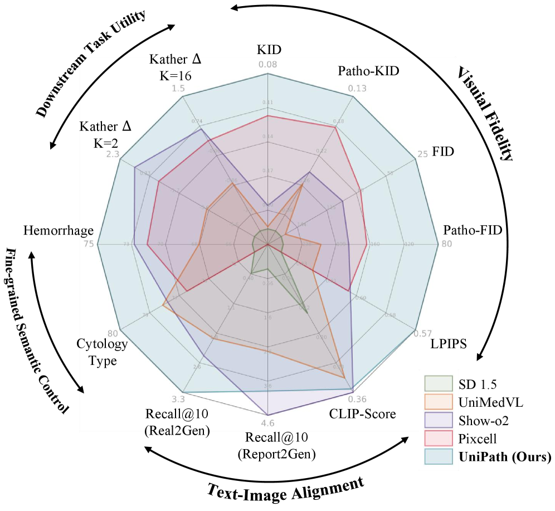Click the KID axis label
coord(268,50)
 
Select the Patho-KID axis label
coord(365,71)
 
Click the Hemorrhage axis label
coord(58,231)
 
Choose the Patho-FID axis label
coord(473,230)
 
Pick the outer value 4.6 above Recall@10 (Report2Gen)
coord(268,422)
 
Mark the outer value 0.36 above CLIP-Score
coord(357,399)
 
